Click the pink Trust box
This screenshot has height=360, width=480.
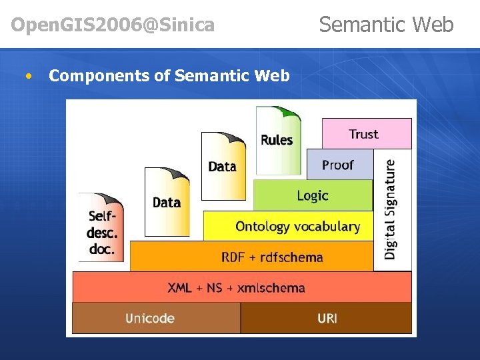coord(366,133)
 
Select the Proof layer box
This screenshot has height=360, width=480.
coord(339,165)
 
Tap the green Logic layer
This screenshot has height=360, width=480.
coord(313,195)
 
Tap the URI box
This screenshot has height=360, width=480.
coord(327,318)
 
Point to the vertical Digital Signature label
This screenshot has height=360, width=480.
coord(391,209)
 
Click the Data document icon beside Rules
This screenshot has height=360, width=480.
coord(223,166)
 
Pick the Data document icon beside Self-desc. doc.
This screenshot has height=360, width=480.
coord(167,201)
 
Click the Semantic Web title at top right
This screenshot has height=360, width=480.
coord(386,25)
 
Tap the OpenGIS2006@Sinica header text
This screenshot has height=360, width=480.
coord(113,25)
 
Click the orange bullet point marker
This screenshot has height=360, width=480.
coord(27,76)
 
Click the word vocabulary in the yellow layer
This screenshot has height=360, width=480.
coord(325,227)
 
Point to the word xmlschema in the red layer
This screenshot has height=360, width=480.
coord(271,288)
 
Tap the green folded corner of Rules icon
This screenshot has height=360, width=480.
coord(291,113)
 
